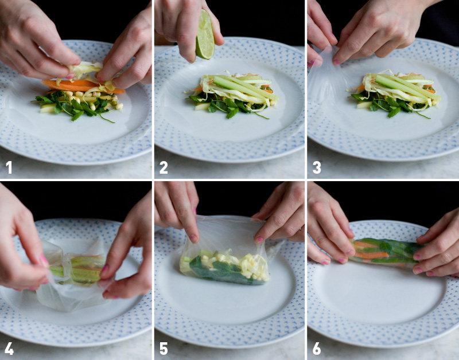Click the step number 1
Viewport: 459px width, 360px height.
point(9,167)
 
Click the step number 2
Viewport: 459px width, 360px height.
point(164,167)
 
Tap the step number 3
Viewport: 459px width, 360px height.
point(316,167)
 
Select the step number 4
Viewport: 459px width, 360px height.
point(9,348)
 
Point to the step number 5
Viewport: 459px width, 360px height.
point(164,348)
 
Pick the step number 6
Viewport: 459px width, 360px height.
point(316,348)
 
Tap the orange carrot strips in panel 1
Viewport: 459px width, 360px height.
point(75,86)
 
